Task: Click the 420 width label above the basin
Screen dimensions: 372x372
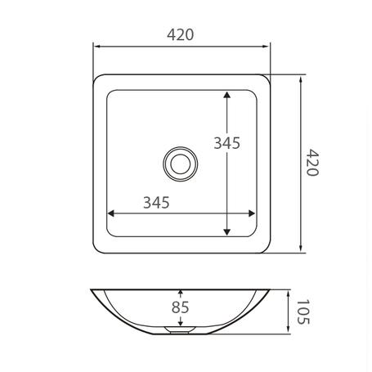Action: coord(180,35)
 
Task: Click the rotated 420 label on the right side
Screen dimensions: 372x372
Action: coord(314,165)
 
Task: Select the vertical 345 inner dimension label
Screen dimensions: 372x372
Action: coord(226,143)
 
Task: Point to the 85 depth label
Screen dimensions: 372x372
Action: coord(180,308)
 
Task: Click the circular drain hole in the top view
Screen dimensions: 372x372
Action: coord(180,163)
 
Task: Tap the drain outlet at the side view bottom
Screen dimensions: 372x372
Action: coord(180,330)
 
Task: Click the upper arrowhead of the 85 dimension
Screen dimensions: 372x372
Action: coord(180,293)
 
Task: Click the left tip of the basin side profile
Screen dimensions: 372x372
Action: coord(92,289)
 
